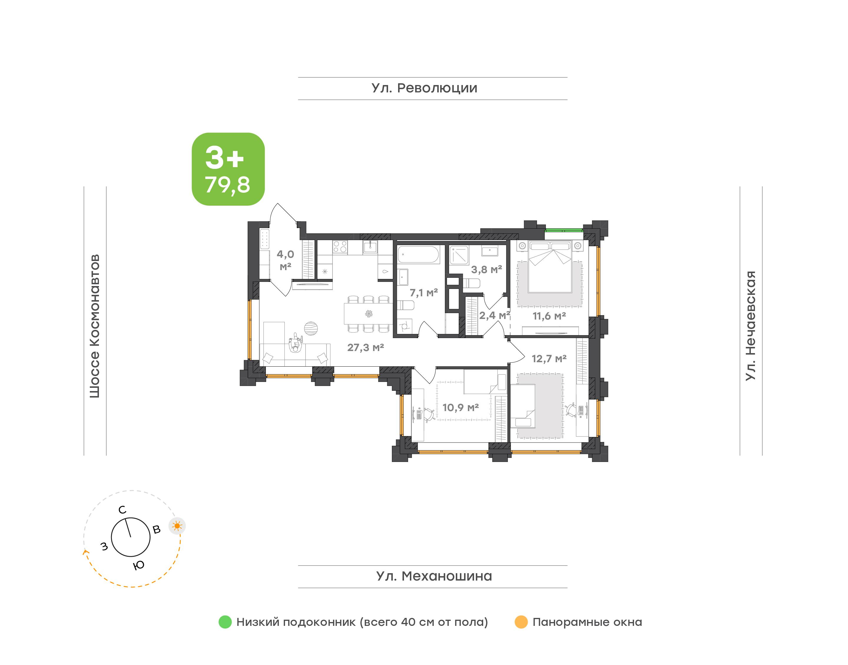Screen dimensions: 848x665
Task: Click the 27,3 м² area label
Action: point(365,347)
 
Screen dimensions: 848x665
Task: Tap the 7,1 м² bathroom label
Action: point(423,292)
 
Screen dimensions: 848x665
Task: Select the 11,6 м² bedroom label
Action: point(549,316)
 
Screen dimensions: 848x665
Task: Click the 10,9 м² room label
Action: point(461,407)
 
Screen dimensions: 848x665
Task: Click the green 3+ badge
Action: point(228,169)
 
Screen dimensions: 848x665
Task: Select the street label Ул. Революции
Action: point(424,88)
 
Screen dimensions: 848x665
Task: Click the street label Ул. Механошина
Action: point(434,576)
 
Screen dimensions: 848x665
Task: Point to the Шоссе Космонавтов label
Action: point(95,326)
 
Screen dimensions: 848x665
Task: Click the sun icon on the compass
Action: point(177,526)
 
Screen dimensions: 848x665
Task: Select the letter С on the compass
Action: point(122,510)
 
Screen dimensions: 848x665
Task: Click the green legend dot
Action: point(225,622)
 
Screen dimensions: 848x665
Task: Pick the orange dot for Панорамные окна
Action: point(521,622)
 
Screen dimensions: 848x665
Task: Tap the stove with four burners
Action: point(340,248)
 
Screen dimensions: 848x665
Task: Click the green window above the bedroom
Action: point(564,230)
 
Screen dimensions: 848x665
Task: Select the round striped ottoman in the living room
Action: point(311,328)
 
